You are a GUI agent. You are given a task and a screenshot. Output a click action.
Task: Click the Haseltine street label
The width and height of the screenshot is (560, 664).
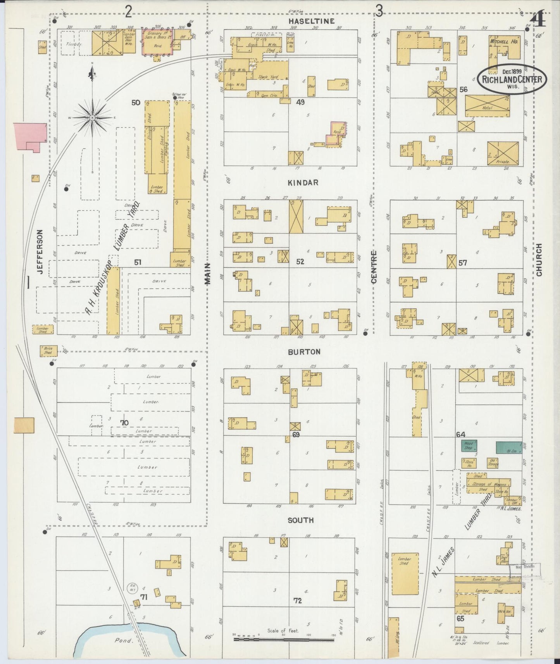click(311, 21)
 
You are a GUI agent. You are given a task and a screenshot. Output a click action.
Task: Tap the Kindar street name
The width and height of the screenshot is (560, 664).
click(303, 182)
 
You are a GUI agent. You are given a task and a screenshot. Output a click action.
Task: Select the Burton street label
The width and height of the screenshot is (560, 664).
click(304, 352)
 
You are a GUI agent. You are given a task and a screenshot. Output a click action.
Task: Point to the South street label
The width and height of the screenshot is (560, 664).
click(301, 520)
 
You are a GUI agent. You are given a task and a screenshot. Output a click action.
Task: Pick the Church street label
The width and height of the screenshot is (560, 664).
click(539, 260)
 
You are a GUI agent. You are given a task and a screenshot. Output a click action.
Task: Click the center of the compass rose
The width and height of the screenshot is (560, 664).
click(93, 117)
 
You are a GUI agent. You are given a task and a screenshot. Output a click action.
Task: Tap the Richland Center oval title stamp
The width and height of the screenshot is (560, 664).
click(512, 79)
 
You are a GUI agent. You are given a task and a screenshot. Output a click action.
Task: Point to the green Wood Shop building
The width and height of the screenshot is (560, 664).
click(468, 446)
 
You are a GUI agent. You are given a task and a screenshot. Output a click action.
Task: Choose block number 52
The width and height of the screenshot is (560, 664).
click(300, 262)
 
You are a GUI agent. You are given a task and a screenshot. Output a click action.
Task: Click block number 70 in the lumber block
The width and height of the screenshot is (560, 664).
click(124, 423)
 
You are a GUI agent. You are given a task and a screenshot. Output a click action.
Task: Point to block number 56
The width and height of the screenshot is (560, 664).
click(463, 89)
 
